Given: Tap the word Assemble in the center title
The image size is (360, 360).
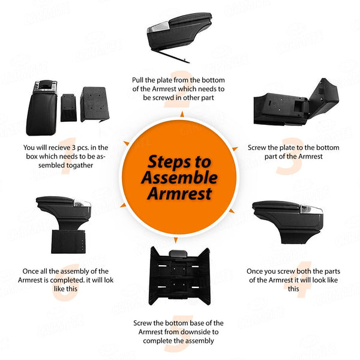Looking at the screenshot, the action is tap(179, 178).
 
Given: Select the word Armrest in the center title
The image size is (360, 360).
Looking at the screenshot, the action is tap(179, 194).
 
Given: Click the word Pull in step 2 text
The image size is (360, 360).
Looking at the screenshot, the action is tap(138, 80).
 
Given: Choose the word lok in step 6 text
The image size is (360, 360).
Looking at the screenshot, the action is tap(109, 280).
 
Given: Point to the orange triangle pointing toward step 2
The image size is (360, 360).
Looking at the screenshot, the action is tap(182, 114).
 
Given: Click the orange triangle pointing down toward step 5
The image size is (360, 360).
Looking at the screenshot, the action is tap(176, 240).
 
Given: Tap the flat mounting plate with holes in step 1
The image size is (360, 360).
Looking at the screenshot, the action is tap(94, 104).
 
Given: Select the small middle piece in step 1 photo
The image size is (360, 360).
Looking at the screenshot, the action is tap(68, 107).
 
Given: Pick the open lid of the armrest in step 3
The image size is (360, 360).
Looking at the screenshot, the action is tap(324, 98).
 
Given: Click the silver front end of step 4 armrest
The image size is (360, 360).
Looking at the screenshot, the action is tap(311, 209).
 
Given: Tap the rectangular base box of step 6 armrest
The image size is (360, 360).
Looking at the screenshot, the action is tap(68, 241).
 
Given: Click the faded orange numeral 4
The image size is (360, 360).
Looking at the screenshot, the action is tap(298, 280).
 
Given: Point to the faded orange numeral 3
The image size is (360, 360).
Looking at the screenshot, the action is tap(290, 156).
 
